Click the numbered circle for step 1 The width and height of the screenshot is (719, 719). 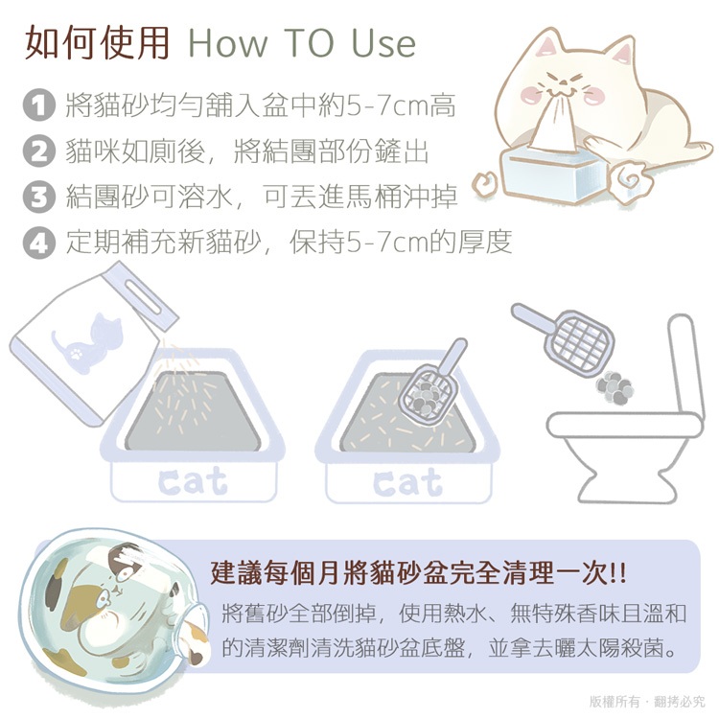click(39, 105)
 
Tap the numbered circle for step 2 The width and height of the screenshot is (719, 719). click(39, 151)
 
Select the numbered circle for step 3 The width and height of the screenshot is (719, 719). click(39, 197)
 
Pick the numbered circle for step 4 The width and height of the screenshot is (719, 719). click(39, 243)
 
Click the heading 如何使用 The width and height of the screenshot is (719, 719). click(97, 43)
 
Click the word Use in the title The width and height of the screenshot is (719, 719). click(383, 43)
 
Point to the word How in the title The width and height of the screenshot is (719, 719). click(228, 43)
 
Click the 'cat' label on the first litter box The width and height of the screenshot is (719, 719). click(193, 481)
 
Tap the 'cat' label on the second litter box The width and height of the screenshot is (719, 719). click(407, 482)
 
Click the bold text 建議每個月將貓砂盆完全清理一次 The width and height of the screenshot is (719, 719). click(418, 573)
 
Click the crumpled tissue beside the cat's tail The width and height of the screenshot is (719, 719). click(631, 180)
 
